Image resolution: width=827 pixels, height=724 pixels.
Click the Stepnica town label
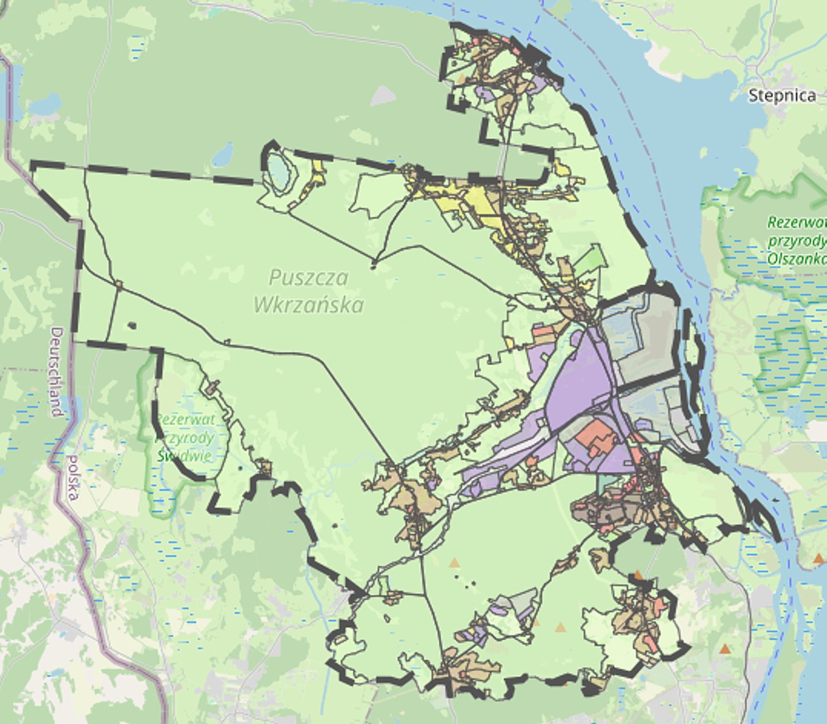tap(782, 95)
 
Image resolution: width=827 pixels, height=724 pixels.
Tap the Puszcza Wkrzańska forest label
tap(308, 291)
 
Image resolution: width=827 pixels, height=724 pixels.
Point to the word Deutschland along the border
tap(57, 372)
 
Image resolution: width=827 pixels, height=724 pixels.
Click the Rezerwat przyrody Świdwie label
tap(185, 437)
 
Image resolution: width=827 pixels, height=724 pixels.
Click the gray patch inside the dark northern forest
tap(382, 96)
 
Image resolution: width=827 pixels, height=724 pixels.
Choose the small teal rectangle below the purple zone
tap(606, 482)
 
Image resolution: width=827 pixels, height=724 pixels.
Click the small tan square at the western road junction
tap(119, 284)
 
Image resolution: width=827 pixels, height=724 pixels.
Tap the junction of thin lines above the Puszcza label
tap(374, 263)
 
